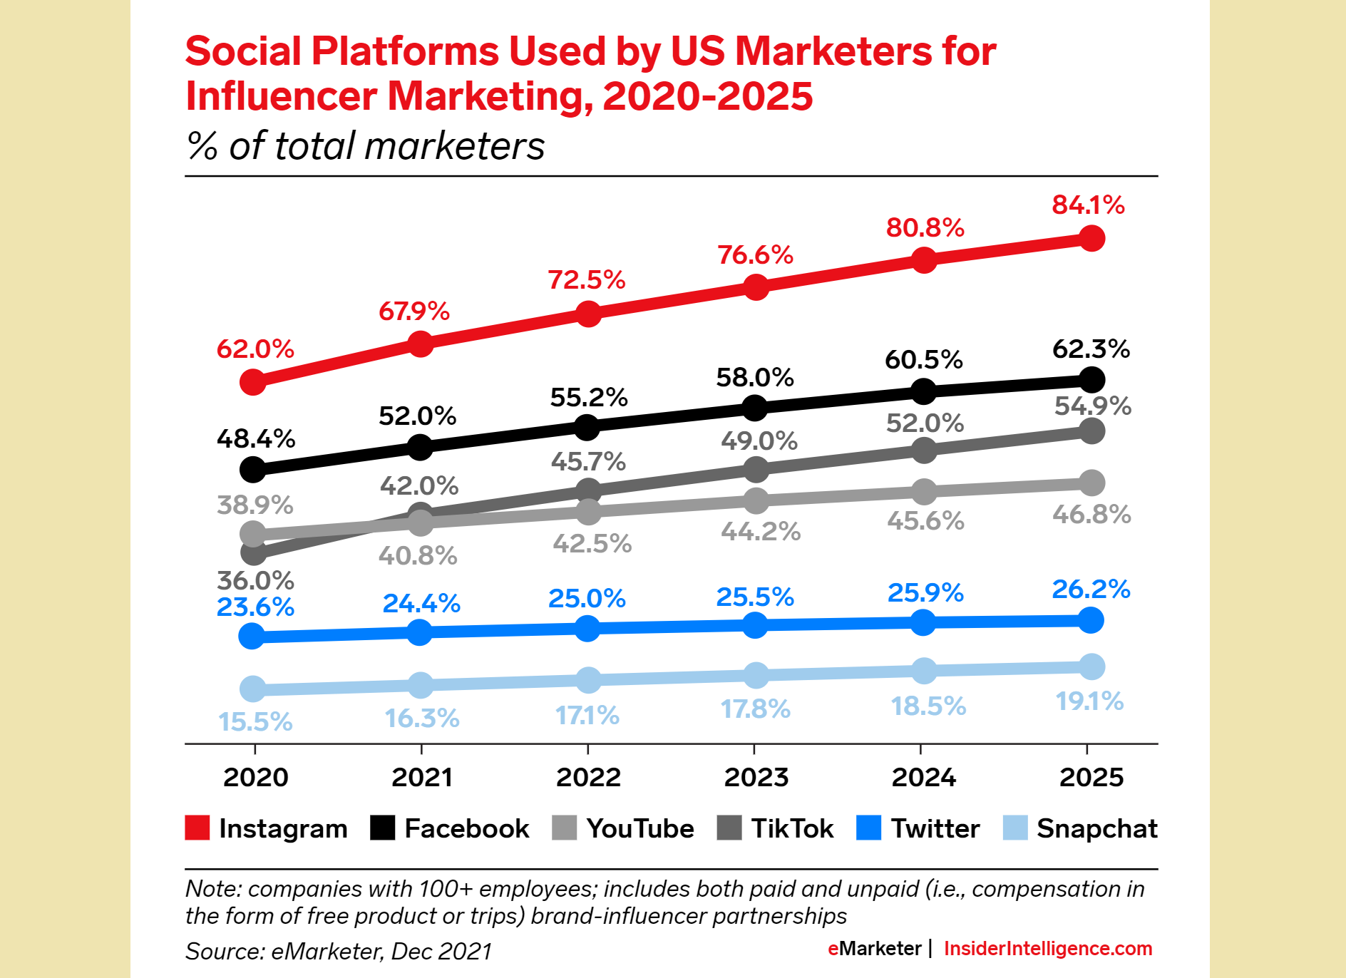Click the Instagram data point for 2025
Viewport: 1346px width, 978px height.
pos(1091,238)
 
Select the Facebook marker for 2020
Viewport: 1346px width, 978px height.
pos(252,469)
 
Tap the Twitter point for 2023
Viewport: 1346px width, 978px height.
pos(755,625)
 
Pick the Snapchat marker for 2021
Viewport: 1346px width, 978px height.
pos(421,685)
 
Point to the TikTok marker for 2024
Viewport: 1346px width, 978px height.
pos(924,450)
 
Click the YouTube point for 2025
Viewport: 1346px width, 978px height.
pos(1091,483)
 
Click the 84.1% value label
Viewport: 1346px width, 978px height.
pos(1088,205)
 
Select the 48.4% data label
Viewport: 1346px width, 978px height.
pos(255,438)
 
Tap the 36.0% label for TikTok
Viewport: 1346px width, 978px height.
pos(255,580)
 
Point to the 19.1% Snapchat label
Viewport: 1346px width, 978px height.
pos(1089,701)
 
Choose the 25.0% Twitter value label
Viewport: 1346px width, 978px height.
pos(587,598)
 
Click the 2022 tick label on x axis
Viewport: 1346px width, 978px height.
pos(588,777)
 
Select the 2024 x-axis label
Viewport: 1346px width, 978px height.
pos(923,777)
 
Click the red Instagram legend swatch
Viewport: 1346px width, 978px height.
pos(197,828)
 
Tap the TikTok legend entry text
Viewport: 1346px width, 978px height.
pos(792,828)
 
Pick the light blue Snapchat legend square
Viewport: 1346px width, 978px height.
pos(1014,828)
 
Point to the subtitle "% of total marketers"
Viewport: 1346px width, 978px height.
pos(365,146)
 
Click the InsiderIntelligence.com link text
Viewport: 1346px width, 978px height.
pos(1047,949)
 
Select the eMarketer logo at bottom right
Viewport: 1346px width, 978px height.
pos(874,949)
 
